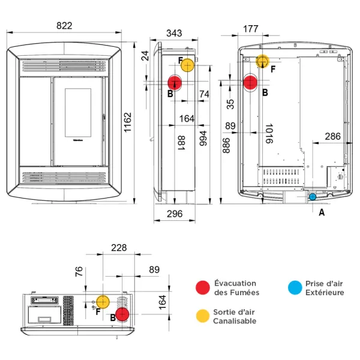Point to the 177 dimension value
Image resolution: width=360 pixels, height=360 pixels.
tap(251, 29)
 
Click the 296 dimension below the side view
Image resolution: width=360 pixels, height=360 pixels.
tap(174, 214)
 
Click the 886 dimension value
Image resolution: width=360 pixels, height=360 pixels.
tap(226, 144)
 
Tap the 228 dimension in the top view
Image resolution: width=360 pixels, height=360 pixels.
tap(119, 248)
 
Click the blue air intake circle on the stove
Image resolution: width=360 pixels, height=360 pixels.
tap(312, 196)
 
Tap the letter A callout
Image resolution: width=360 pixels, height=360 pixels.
tap(322, 212)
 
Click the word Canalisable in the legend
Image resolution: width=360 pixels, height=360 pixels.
tap(235, 321)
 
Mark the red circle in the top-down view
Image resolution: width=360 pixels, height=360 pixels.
tap(123, 314)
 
